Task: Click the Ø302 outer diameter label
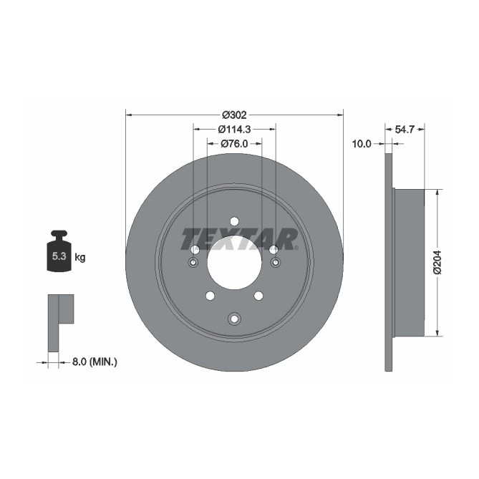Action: click(x=234, y=115)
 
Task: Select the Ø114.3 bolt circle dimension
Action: click(x=234, y=130)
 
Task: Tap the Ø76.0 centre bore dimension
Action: click(x=234, y=144)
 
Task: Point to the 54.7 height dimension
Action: click(x=405, y=130)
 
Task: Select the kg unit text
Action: click(x=80, y=257)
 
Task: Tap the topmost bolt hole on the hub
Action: click(x=234, y=221)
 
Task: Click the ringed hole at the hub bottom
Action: click(x=234, y=319)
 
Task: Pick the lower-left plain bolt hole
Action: click(x=209, y=296)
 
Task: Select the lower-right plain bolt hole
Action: click(x=259, y=296)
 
